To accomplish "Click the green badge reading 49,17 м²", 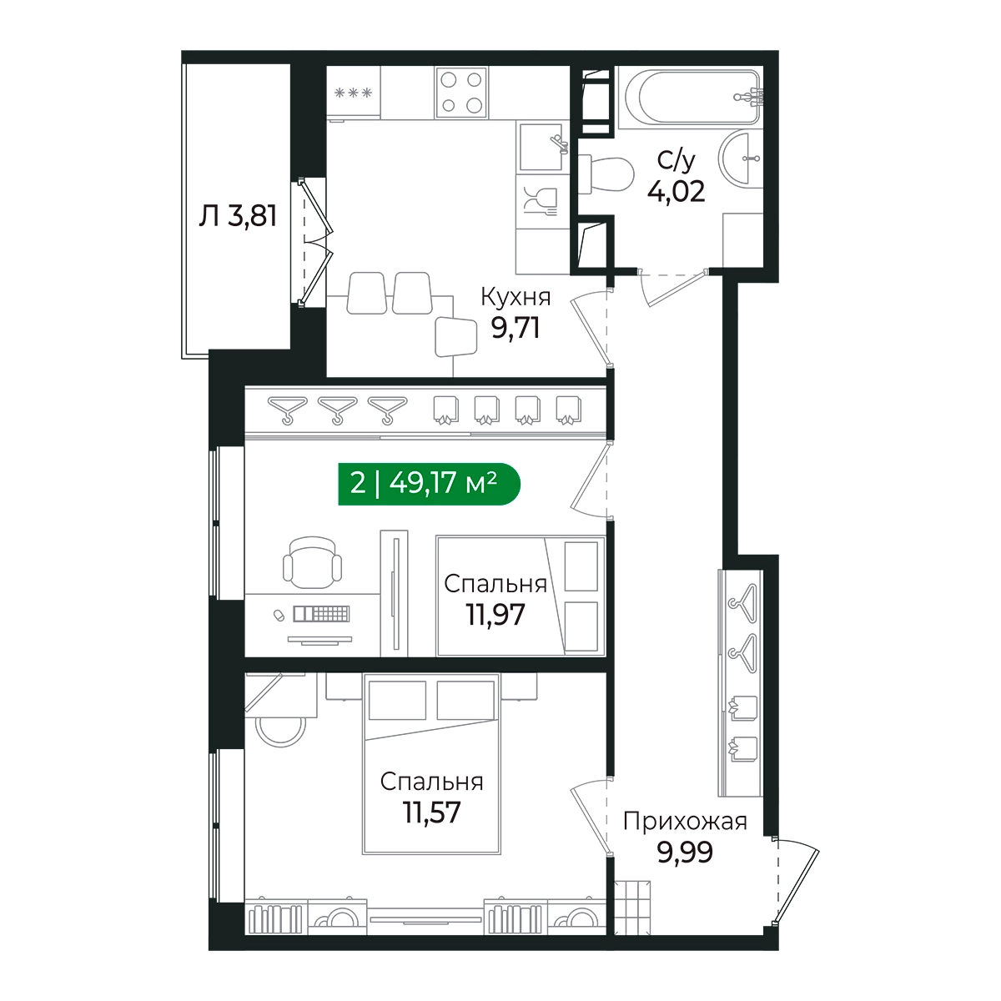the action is [429, 484].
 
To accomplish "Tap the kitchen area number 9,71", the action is [516, 329].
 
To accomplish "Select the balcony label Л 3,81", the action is [238, 216].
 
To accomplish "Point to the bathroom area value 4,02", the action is [676, 191].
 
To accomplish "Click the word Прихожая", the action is [685, 822].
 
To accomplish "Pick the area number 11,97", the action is [495, 615].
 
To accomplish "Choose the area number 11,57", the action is [431, 812].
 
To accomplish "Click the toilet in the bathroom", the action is [606, 174].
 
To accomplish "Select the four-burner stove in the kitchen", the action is [461, 93].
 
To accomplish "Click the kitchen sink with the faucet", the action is [541, 147].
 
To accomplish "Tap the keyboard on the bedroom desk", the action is [321, 614].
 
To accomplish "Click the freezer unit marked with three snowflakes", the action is [353, 93].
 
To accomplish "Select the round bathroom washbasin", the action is [740, 158].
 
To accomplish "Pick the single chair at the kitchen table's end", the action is [456, 337].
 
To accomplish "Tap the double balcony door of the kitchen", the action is [314, 241].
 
